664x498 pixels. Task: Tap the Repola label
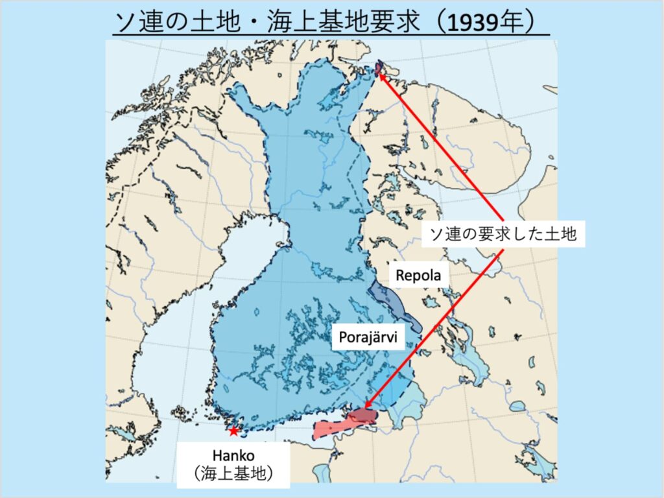[x=419, y=275]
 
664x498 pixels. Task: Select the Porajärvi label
[x=368, y=337]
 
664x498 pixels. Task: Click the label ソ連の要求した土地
[x=499, y=234]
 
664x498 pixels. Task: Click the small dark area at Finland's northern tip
[x=380, y=68]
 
